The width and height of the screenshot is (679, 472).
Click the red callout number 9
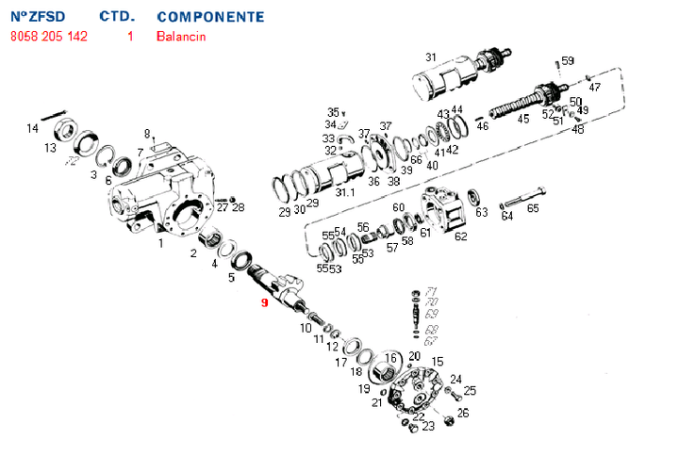(x=265, y=302)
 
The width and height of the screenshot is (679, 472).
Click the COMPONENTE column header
(x=210, y=17)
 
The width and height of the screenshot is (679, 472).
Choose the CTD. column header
(x=118, y=17)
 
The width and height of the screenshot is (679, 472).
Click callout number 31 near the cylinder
(x=431, y=57)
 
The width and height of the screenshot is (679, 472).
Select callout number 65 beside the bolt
(x=533, y=208)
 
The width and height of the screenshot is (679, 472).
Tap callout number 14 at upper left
(x=32, y=128)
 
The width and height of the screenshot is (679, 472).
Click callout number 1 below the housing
(x=161, y=243)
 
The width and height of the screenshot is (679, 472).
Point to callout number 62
(x=461, y=236)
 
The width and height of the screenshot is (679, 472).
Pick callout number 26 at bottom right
(x=462, y=413)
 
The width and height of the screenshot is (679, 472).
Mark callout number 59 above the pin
(x=567, y=61)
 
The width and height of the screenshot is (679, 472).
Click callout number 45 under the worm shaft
(x=524, y=118)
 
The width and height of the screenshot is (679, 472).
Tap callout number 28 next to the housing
(x=238, y=207)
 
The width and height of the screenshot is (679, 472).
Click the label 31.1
(x=346, y=193)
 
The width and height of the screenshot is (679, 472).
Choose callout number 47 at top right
(x=594, y=87)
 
